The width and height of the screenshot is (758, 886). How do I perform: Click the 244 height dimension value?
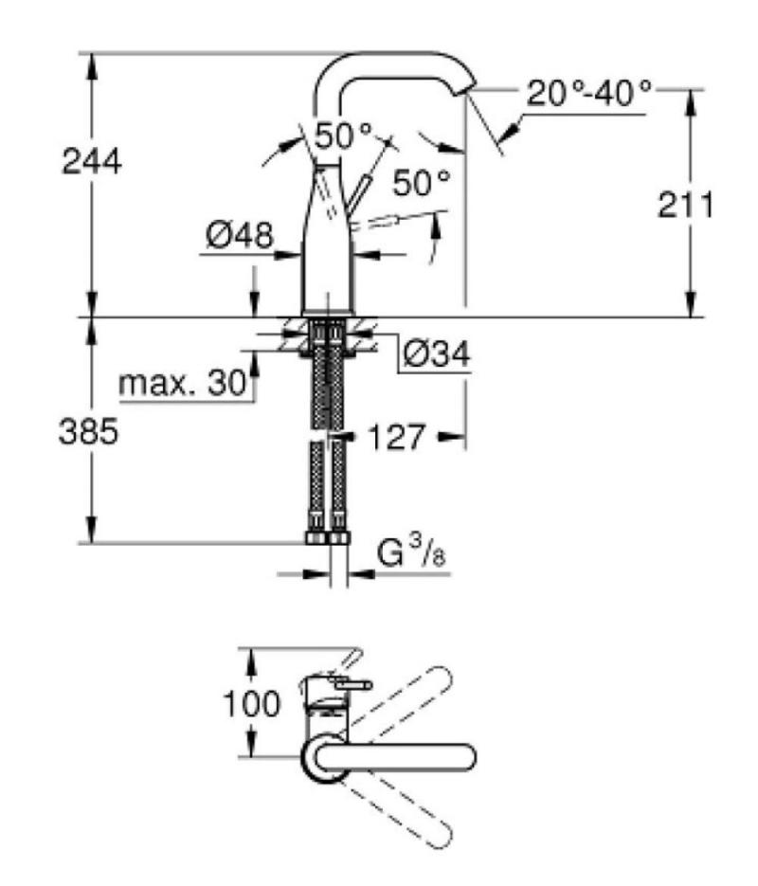[x=92, y=161]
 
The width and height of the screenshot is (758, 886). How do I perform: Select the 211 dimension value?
[x=686, y=205]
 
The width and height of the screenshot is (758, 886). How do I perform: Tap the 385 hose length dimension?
[x=89, y=432]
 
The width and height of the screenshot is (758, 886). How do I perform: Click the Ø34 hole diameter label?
[x=436, y=354]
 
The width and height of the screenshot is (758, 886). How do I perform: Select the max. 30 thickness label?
[x=183, y=383]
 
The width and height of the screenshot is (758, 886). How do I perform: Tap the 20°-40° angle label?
[x=589, y=93]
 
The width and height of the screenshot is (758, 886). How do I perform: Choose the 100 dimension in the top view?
[x=252, y=704]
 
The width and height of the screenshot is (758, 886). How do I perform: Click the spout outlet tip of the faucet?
[x=470, y=90]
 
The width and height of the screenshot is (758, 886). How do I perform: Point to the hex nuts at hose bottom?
[x=328, y=536]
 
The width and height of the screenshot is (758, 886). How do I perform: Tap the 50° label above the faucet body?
[x=344, y=136]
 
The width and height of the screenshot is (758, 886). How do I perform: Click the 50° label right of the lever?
[x=422, y=182]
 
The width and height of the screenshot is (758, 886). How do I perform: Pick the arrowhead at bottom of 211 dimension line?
[x=690, y=304]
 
